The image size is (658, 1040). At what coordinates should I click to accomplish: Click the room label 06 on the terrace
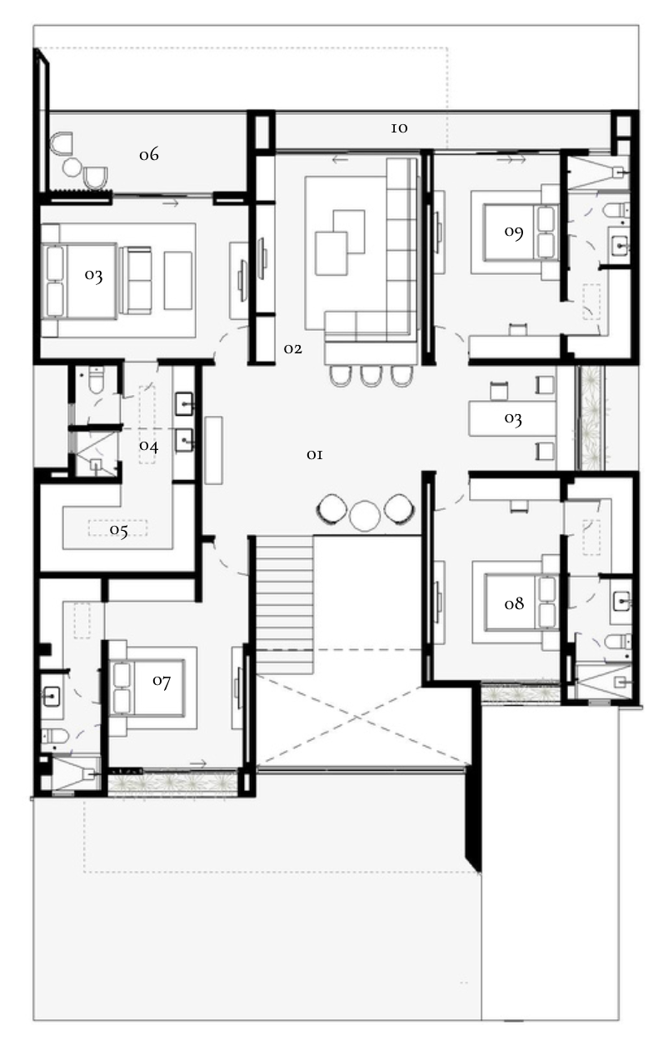(x=149, y=154)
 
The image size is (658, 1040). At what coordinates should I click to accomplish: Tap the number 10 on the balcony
(x=399, y=128)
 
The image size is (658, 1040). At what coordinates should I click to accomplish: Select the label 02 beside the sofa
(x=293, y=348)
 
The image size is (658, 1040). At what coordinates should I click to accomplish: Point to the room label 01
(x=315, y=454)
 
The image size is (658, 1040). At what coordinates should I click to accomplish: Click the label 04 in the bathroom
(x=148, y=446)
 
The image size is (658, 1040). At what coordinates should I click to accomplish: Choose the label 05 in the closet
(x=118, y=531)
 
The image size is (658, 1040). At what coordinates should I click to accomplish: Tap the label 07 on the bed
(x=162, y=681)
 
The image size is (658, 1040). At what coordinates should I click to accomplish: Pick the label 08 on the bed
(x=514, y=603)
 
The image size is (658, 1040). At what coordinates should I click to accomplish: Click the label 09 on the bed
(x=514, y=232)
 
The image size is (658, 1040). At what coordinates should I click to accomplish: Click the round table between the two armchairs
(x=365, y=515)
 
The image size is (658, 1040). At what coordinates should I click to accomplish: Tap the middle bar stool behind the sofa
(x=370, y=376)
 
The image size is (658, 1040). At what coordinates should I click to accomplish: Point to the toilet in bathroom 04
(x=97, y=380)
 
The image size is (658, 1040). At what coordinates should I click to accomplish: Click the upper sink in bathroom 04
(x=185, y=404)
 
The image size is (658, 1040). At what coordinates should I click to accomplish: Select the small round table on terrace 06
(x=72, y=167)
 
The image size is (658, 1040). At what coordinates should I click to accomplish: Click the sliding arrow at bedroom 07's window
(x=198, y=763)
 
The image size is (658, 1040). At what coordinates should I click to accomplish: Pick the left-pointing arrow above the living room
(x=340, y=160)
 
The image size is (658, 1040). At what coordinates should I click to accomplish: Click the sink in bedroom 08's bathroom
(x=622, y=602)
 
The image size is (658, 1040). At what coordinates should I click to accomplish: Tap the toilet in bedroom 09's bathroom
(x=616, y=210)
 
